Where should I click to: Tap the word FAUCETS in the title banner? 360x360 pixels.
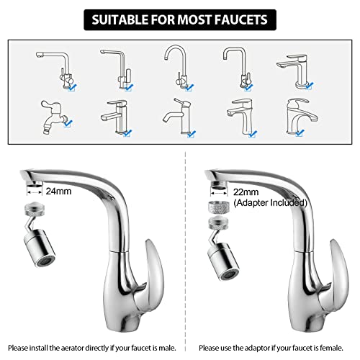241,17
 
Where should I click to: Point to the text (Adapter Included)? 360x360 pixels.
270,203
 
